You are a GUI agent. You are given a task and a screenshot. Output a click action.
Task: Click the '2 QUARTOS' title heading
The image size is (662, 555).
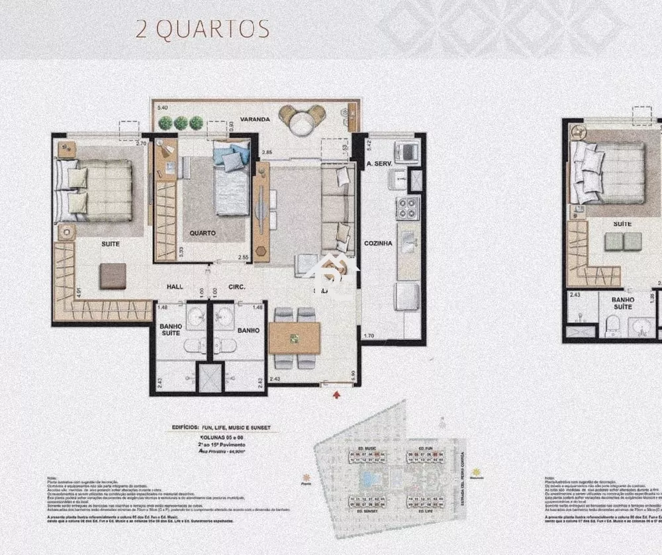point(203,29)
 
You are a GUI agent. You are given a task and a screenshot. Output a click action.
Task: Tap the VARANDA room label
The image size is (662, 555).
point(255,119)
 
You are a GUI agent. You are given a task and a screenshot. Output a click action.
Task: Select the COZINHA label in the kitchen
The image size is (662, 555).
point(378,243)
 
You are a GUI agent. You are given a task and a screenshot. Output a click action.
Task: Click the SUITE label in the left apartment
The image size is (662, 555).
point(111,244)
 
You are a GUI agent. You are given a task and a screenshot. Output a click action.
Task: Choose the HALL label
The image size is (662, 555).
point(175,287)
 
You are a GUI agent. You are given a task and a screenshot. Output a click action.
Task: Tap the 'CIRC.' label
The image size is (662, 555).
point(236,287)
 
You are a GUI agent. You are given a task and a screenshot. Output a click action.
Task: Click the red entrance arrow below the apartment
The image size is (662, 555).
point(337,395)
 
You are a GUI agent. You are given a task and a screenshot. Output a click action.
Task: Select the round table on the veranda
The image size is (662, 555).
point(302,122)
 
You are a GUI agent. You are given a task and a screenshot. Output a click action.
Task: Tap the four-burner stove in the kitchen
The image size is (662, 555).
point(408,207)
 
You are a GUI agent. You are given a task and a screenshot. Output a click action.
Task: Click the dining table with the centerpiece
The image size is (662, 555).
point(294,338)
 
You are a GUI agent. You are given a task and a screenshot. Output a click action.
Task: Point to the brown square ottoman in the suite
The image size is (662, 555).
point(113,276)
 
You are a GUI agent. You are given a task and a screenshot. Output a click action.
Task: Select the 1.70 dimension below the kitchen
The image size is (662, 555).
point(368,336)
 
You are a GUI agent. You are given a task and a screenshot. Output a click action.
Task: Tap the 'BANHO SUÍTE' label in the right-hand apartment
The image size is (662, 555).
point(622,303)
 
